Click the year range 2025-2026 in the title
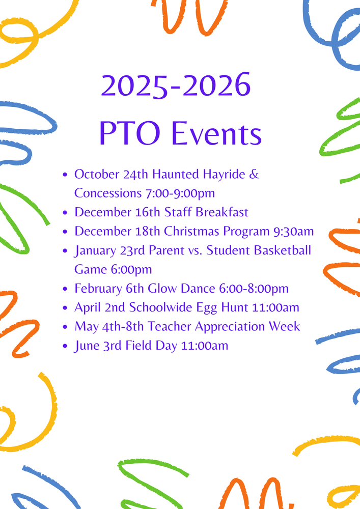176,86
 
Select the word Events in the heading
216,133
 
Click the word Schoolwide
161,307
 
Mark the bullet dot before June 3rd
65,346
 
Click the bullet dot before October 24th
65,175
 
